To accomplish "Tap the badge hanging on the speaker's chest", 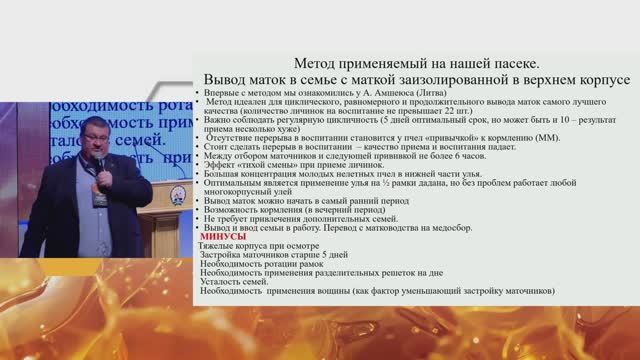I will coord(99,197).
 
